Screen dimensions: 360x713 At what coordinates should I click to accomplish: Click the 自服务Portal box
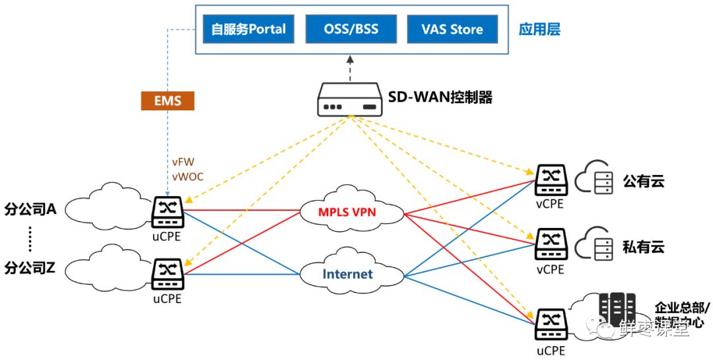pyautogui.click(x=248, y=29)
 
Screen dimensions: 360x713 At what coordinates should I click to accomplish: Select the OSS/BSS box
pyautogui.click(x=351, y=29)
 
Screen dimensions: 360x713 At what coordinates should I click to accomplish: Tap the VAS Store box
pyautogui.click(x=452, y=29)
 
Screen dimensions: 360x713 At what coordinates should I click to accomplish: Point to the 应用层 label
pyautogui.click(x=539, y=30)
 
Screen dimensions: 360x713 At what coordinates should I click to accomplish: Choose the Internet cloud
pyautogui.click(x=347, y=273)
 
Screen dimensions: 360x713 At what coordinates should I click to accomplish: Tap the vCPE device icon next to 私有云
pyautogui.click(x=549, y=244)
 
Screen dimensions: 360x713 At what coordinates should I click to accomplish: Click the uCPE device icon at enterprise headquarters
pyautogui.click(x=549, y=322)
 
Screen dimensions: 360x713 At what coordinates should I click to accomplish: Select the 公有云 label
pyautogui.click(x=642, y=180)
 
